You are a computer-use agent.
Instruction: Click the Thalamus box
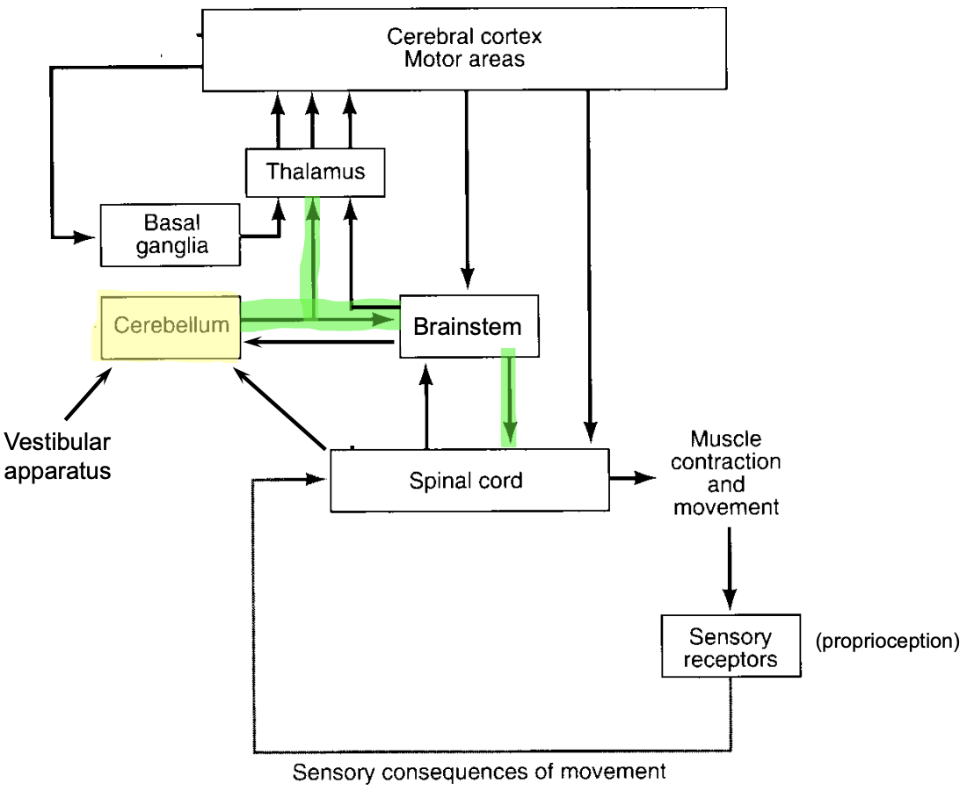pos(316,171)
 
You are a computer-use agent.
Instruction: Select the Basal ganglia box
pos(171,235)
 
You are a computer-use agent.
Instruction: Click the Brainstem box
pos(467,326)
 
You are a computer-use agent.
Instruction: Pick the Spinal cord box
pos(469,480)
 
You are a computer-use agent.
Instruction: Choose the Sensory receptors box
pos(731,647)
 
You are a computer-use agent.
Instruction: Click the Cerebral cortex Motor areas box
pos(464,48)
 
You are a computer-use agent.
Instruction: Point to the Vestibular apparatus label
pos(58,455)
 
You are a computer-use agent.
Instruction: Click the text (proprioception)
pos(886,642)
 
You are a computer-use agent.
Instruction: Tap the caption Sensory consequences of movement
pos(479,773)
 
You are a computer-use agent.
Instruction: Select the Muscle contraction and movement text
pos(724,473)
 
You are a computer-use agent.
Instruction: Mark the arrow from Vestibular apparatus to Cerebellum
pos(88,393)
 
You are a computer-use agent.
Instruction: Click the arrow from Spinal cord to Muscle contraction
pos(632,478)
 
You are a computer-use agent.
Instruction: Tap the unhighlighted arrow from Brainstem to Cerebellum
pos(316,343)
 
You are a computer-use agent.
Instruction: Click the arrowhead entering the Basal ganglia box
pos(85,237)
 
